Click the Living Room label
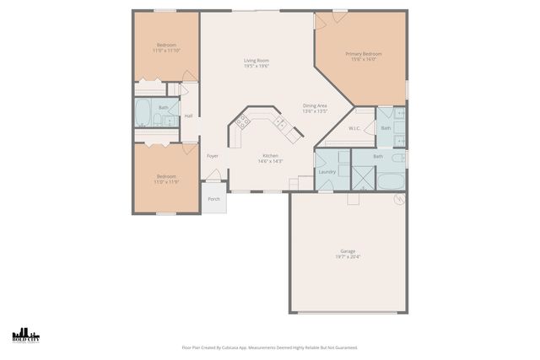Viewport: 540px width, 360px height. tap(256, 60)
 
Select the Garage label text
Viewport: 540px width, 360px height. tap(347, 250)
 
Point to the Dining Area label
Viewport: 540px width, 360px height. tap(315, 105)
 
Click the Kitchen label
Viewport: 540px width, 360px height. tap(270, 155)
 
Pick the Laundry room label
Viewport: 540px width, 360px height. tap(327, 172)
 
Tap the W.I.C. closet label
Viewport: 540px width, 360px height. tap(354, 128)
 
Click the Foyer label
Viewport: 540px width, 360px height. tap(213, 156)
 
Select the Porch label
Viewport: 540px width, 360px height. tap(214, 199)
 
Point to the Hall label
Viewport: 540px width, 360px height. tap(188, 116)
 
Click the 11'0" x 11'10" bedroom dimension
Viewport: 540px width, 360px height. tap(166, 51)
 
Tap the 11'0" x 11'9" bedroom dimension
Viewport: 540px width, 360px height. tap(165, 181)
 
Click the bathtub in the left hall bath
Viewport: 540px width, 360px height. tap(143, 113)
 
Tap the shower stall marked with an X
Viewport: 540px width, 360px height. tap(363, 177)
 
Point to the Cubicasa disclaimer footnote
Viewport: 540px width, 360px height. tap(270, 347)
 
